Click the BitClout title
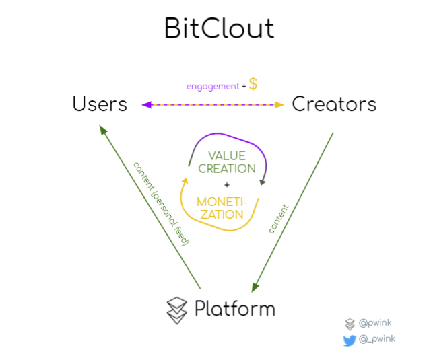pos(219,28)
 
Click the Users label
pos(100,104)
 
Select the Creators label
pos(334,104)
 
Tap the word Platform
pos(235,309)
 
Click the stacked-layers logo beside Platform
pos(177,311)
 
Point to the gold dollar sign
pos(253,84)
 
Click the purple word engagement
pos(213,87)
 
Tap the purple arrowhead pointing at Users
pos(147,104)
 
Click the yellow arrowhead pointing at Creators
pos(279,104)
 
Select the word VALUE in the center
pos(227,155)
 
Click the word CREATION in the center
pos(227,168)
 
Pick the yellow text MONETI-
pos(222,202)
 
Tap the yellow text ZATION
pos(222,215)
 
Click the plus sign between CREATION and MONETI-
pos(227,185)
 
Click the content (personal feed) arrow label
pos(161,204)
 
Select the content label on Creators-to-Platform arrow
pos(279,219)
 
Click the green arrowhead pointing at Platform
pos(255,287)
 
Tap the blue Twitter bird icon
pos(350,340)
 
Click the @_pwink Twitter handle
pos(377,339)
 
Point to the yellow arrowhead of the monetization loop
pos(185,181)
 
